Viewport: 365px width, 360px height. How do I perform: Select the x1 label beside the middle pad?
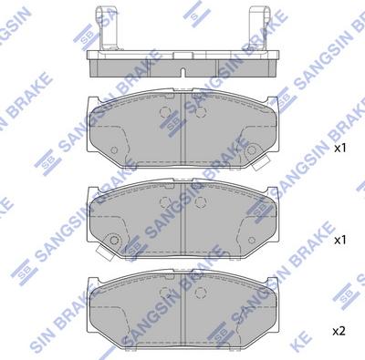pos(340,239)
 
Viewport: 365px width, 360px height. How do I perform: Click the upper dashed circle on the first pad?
pos(166,115)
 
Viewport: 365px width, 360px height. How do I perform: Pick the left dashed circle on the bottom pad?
pos(166,294)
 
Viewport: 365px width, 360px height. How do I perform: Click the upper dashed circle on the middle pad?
pos(166,203)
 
